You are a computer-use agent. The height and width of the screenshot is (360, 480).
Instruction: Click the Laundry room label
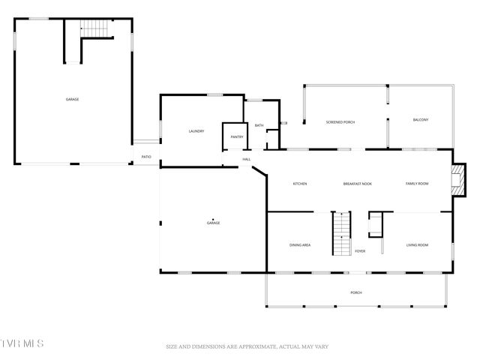(196, 131)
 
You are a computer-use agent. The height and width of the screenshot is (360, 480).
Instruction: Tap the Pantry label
(237, 136)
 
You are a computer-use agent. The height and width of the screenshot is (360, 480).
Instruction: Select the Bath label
(259, 125)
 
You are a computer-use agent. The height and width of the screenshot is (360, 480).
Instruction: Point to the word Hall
(246, 159)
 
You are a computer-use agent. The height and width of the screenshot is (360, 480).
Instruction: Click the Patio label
(145, 157)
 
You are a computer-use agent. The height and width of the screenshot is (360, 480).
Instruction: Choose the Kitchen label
(300, 184)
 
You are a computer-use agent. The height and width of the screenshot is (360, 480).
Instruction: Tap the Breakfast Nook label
(358, 184)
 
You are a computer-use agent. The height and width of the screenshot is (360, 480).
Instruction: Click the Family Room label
(417, 184)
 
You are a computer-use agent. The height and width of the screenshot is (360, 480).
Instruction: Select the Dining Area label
(300, 245)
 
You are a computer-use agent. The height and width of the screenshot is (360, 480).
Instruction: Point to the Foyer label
(360, 251)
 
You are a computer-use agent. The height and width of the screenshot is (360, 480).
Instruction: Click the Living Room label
(417, 245)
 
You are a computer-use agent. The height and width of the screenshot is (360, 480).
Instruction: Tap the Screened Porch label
(340, 121)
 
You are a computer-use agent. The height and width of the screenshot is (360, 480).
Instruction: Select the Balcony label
(421, 120)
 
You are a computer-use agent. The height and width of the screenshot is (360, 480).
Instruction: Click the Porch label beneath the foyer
(356, 292)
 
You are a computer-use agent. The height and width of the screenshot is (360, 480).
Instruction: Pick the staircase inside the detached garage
(95, 28)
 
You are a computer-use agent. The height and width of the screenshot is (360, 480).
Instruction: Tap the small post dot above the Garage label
(213, 219)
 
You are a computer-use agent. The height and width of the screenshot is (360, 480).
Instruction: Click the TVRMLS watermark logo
(22, 343)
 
